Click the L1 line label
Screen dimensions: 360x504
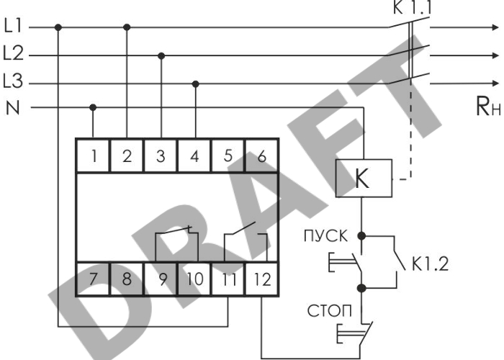[x=14, y=27]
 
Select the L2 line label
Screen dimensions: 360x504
[x=14, y=53]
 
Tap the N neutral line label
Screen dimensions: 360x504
[x=12, y=108]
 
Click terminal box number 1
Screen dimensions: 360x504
[x=93, y=156]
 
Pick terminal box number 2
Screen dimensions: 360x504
[x=127, y=156]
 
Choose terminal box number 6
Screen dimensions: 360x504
[x=261, y=156]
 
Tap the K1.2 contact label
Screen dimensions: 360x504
[x=430, y=264]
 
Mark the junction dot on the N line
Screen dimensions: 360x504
[x=93, y=108]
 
